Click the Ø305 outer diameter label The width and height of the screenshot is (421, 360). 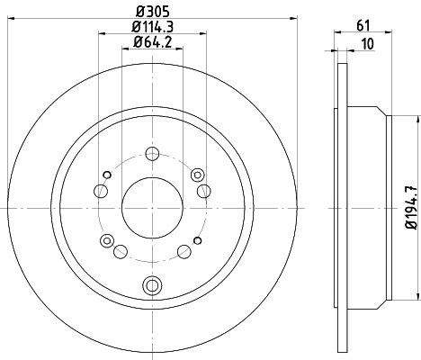(x=151, y=11)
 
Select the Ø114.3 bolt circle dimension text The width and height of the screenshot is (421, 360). (x=151, y=26)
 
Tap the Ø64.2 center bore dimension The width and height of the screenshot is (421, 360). (x=151, y=41)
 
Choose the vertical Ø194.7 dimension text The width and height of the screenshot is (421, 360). (x=412, y=208)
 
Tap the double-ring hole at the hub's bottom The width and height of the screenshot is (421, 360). (x=151, y=285)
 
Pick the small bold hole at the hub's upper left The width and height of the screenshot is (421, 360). (x=107, y=174)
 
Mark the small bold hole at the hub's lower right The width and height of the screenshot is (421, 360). (x=195, y=242)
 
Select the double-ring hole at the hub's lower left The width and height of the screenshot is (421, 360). (x=107, y=240)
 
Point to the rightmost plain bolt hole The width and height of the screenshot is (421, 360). (x=204, y=190)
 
